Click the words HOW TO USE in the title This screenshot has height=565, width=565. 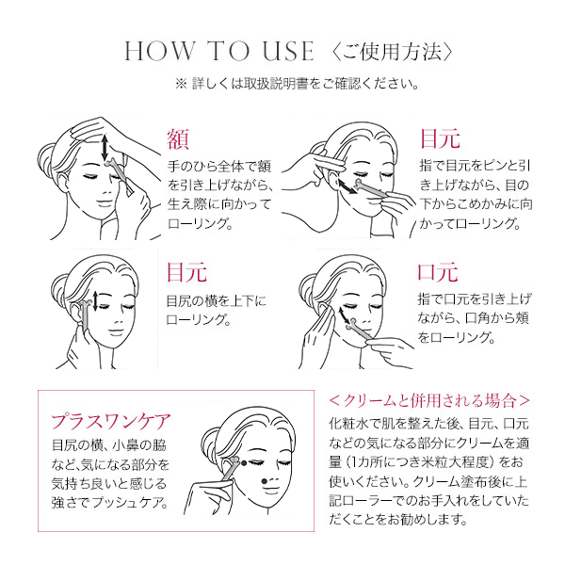[219, 52]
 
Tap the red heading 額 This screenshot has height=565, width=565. [178, 139]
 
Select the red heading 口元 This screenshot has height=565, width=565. [438, 272]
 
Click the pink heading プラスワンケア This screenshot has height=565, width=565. [111, 421]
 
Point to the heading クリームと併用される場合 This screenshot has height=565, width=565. [429, 400]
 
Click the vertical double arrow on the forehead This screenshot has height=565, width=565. [105, 148]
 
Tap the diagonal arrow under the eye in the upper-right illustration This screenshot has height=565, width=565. [347, 186]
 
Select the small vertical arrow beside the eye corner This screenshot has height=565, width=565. [95, 301]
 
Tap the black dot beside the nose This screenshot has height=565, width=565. [264, 480]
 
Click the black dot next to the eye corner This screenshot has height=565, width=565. [244, 462]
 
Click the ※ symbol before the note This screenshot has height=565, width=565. [181, 84]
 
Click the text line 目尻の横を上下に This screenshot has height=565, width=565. [217, 301]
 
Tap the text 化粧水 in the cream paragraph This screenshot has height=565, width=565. [348, 424]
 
